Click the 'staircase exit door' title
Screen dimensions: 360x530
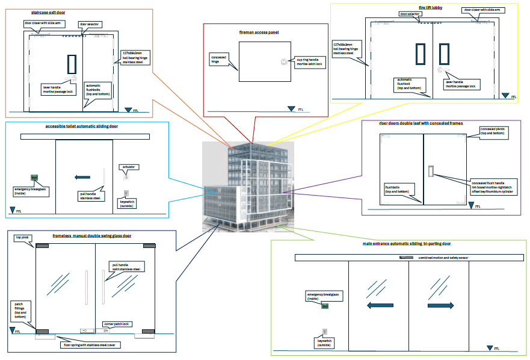pyautogui.click(x=49, y=12)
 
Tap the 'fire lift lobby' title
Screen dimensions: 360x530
pyautogui.click(x=430, y=7)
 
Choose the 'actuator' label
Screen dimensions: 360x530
pyautogui.click(x=128, y=166)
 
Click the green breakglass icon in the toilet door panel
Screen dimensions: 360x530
pyautogui.click(x=35, y=178)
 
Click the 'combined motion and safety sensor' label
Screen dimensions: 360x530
pyautogui.click(x=439, y=258)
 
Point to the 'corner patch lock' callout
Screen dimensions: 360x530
pyautogui.click(x=117, y=324)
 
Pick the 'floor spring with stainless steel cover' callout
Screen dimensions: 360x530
pyautogui.click(x=93, y=345)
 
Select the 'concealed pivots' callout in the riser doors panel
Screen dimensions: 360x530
pyautogui.click(x=494, y=131)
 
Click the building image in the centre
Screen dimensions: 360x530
pyautogui.click(x=247, y=187)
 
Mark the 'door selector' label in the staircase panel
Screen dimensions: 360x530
pyautogui.click(x=90, y=25)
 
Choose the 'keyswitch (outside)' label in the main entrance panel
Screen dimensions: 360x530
pyautogui.click(x=325, y=343)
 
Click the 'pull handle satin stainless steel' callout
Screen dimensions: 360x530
pyautogui.click(x=126, y=266)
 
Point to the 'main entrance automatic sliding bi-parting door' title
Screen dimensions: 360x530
pyautogui.click(x=407, y=244)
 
